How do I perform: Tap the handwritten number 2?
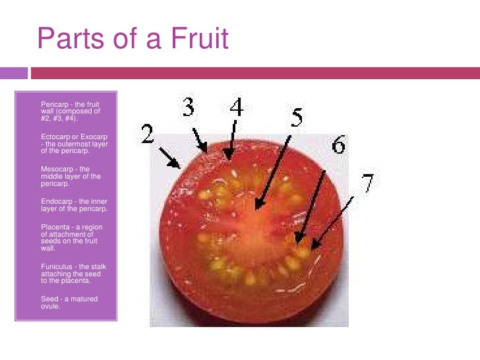click(147, 135)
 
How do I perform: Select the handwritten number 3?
click(189, 107)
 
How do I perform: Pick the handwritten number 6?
click(338, 145)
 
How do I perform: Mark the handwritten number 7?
click(368, 183)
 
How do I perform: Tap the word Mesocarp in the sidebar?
click(55, 169)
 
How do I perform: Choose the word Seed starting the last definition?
click(48, 299)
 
